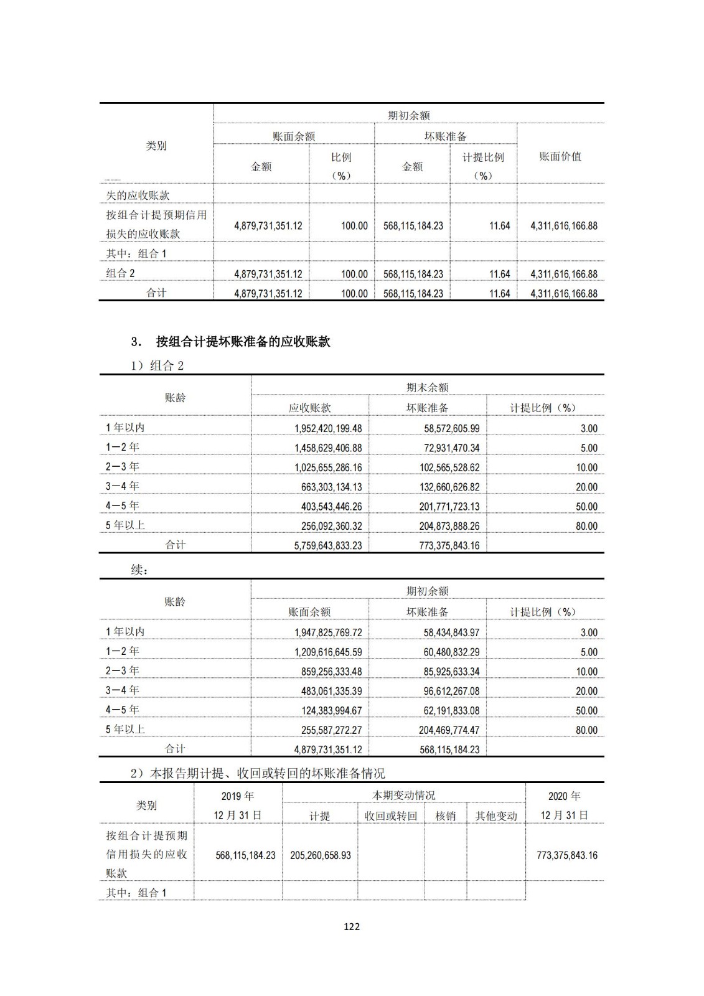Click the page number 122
click(x=352, y=926)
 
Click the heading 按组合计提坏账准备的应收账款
click(x=243, y=342)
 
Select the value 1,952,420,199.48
click(x=327, y=428)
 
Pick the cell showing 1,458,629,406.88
click(x=327, y=448)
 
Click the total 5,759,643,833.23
click(x=327, y=545)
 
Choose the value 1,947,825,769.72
click(x=327, y=632)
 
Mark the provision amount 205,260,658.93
click(x=320, y=855)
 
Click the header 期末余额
click(x=427, y=387)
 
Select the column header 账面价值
click(x=560, y=157)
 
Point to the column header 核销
click(x=445, y=816)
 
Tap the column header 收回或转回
click(x=391, y=816)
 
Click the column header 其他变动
click(x=496, y=816)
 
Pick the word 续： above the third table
click(x=139, y=570)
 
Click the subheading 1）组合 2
click(x=157, y=365)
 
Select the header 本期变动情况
click(x=403, y=796)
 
